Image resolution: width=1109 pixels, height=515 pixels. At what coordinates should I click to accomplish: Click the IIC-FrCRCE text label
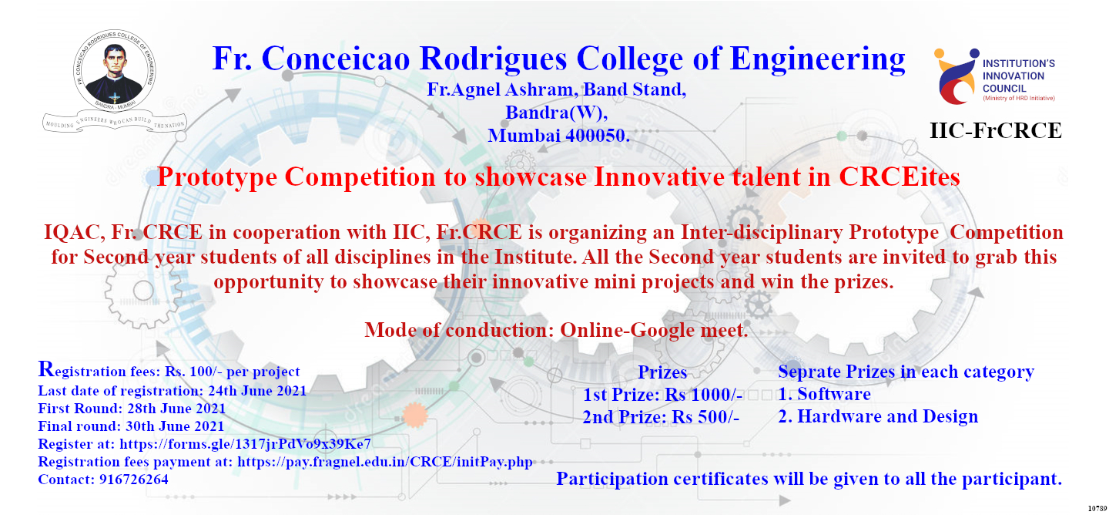(x=996, y=131)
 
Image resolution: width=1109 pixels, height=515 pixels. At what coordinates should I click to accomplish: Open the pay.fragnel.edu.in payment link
(x=385, y=462)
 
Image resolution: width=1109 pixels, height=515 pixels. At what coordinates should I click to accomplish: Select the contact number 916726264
(x=133, y=480)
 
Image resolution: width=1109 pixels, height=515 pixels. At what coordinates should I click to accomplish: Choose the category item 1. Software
(x=824, y=395)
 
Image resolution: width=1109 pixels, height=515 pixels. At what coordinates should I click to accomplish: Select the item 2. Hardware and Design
(x=878, y=417)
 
